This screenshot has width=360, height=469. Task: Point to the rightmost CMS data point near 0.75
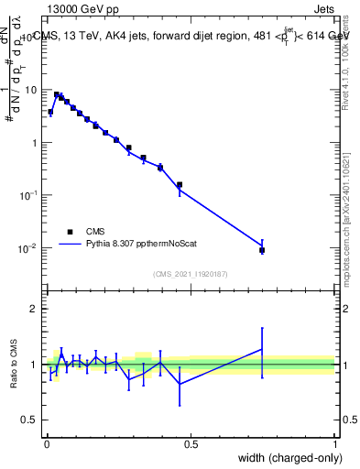click(262, 250)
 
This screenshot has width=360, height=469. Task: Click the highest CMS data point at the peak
click(57, 94)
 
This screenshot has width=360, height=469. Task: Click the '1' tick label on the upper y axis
click(34, 143)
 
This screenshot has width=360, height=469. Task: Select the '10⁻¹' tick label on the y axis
click(29, 195)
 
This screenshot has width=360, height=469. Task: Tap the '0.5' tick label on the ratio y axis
click(29, 420)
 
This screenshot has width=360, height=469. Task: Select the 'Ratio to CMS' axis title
click(14, 364)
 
